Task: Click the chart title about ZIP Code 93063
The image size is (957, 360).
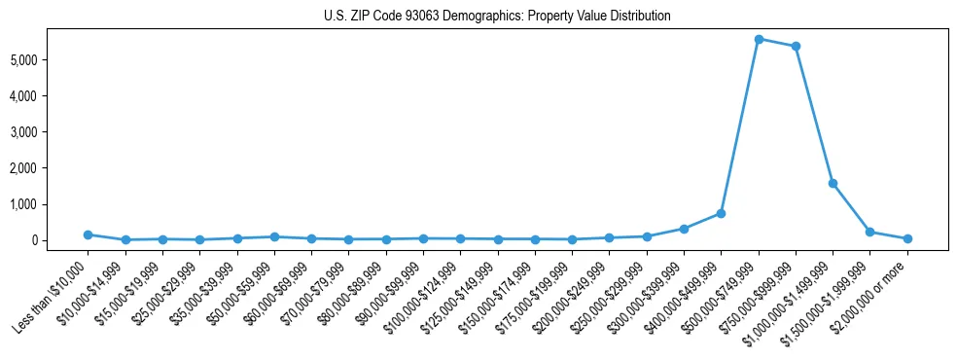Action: tap(497, 17)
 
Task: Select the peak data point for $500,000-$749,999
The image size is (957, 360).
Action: tap(759, 39)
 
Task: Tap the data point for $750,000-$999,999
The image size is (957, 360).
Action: tap(796, 46)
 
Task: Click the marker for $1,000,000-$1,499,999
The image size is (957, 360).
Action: tap(833, 183)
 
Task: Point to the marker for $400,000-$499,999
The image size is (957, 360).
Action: tap(721, 213)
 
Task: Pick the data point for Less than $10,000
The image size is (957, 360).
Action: tap(88, 234)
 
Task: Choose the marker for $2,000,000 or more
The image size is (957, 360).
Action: tap(907, 238)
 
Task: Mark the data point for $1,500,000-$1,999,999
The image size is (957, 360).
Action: tap(870, 232)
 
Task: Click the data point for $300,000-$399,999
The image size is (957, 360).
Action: tap(684, 229)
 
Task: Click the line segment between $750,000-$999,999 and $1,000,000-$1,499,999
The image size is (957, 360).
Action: tap(814, 115)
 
